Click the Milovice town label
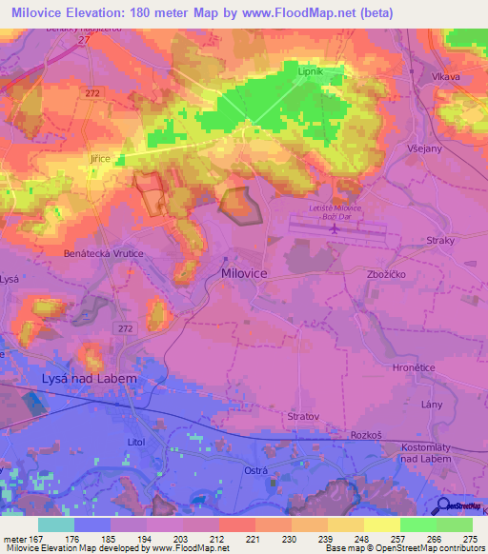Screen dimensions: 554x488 pyautogui.click(x=244, y=272)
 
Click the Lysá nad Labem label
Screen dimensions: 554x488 pyautogui.click(x=91, y=379)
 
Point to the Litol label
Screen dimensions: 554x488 pyautogui.click(x=140, y=443)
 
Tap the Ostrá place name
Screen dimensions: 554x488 pyautogui.click(x=254, y=471)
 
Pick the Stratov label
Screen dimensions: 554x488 pyautogui.click(x=303, y=416)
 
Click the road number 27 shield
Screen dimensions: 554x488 pyautogui.click(x=83, y=42)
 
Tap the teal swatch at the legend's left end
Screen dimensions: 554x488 pyautogui.click(x=56, y=524)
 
